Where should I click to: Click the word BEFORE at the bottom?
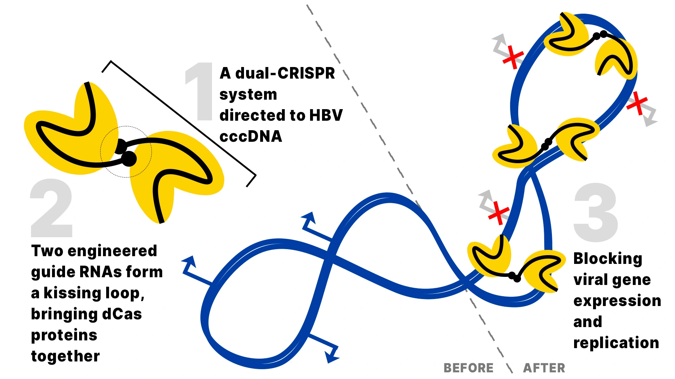[x=468, y=368]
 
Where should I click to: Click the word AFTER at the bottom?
[x=544, y=368]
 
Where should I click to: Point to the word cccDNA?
[x=251, y=137]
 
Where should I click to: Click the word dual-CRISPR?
[x=285, y=73]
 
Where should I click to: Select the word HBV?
[x=326, y=115]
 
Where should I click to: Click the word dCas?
[x=122, y=314]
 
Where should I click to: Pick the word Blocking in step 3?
[x=608, y=259]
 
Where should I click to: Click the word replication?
[x=616, y=343]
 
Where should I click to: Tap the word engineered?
[x=112, y=251]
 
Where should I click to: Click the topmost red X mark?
[x=513, y=57]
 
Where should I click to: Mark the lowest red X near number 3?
[x=499, y=213]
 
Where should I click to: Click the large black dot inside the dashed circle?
[x=129, y=159]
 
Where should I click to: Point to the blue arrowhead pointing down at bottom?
[x=331, y=357]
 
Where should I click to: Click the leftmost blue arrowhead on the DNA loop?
[x=189, y=263]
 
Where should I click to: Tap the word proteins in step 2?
[x=64, y=335]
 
